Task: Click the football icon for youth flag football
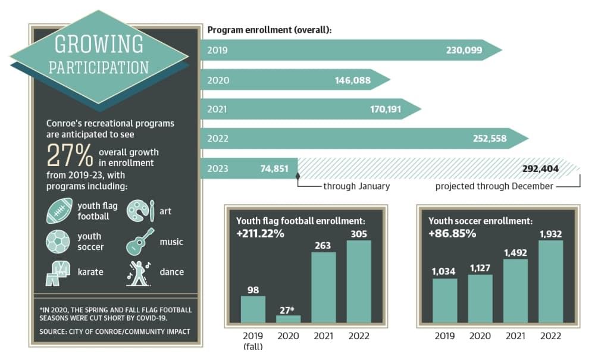pos(59,211)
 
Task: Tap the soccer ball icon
pos(58,242)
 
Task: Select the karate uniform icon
pos(58,273)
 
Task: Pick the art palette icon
pos(140,211)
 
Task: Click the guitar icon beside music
pos(140,241)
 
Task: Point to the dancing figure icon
pos(139,273)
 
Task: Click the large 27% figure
pos(70,155)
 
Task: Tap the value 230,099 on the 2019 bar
pos(464,50)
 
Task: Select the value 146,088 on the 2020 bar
pos(352,80)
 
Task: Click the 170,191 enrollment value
pos(386,109)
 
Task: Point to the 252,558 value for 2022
pos(490,139)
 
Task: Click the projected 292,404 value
pos(540,168)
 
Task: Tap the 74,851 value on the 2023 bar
pos(274,168)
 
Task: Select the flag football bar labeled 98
pos(253,309)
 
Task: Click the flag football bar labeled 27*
pos(289,319)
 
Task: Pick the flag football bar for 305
pos(359,281)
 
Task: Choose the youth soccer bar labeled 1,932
pos(551,281)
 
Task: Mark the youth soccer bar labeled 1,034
pos(445,300)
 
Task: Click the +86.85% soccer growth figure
pos(452,233)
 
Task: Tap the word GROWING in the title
pos(99,44)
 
